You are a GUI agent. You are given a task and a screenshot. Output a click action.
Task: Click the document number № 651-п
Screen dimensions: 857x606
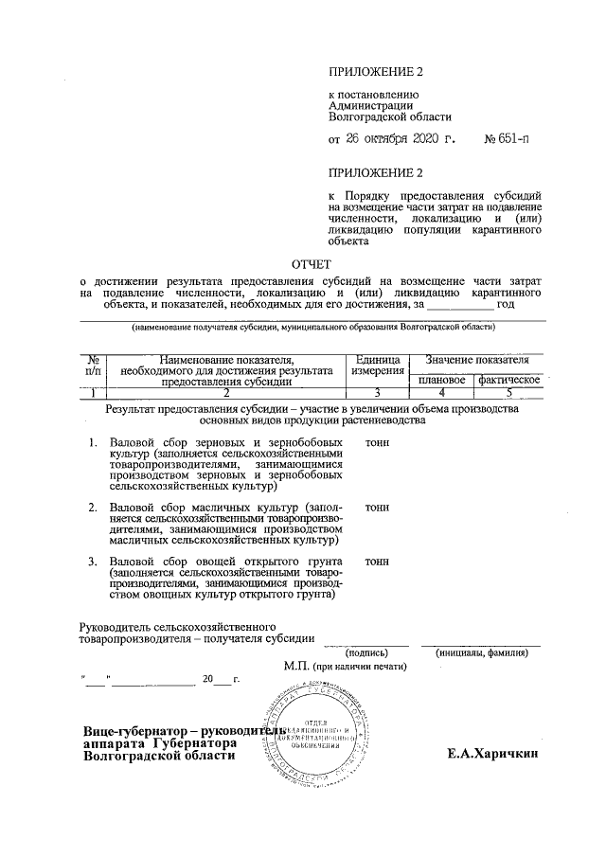507,140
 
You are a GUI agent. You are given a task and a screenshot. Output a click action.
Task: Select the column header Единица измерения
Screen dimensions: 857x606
376,366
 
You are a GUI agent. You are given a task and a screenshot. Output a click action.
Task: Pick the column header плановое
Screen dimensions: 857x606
441,379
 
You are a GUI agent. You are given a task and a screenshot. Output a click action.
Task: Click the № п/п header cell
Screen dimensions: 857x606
93,366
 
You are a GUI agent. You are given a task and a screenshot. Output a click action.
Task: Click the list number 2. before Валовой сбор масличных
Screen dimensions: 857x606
93,508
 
